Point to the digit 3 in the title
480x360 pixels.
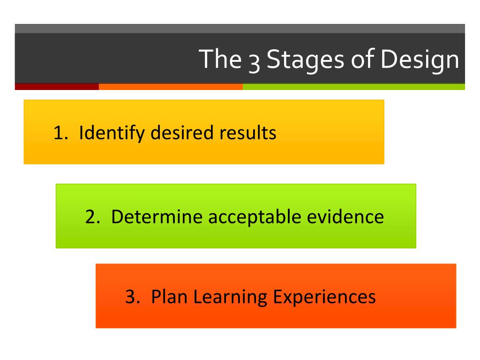click(254, 63)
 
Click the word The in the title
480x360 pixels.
click(220, 59)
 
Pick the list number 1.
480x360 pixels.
click(60, 133)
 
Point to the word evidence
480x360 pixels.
click(345, 217)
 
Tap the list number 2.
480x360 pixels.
click(93, 217)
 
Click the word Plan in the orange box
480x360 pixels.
click(169, 297)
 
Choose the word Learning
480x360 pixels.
click(230, 298)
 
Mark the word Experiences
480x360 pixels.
click(324, 298)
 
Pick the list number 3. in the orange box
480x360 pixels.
click(133, 297)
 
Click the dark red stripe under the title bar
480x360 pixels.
click(57, 87)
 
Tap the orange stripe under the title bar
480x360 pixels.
click(171, 87)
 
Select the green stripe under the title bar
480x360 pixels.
click(354, 87)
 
